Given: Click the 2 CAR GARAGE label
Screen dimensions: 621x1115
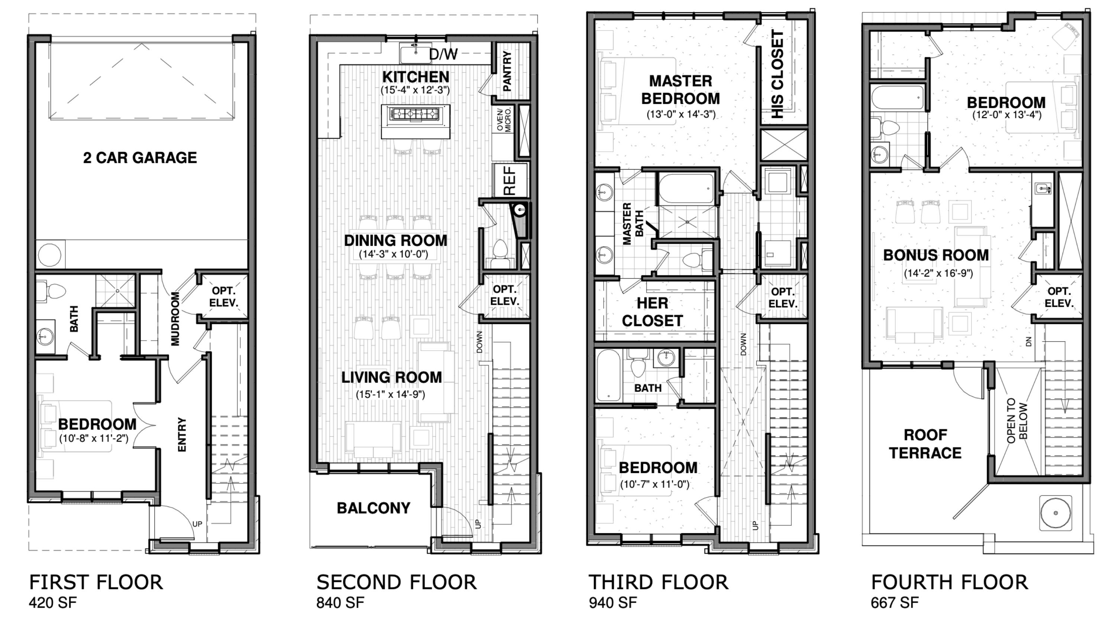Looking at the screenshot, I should [140, 158].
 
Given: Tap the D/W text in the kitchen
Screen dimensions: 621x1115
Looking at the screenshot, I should [443, 55].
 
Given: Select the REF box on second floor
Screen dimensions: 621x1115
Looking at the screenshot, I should [510, 180].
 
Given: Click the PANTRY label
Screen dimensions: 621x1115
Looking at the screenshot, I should [507, 71].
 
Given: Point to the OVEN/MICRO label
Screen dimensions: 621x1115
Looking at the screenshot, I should [504, 120].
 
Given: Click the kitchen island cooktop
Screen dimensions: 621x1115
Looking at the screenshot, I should [415, 114].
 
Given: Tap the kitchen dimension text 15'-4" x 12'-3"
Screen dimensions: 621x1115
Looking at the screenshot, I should [415, 90].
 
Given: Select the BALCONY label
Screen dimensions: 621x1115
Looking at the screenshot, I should [374, 508].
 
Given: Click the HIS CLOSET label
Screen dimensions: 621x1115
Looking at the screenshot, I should [778, 74].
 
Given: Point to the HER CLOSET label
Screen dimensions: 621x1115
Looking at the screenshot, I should [652, 312].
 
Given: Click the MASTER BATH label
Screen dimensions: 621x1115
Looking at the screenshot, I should [632, 223].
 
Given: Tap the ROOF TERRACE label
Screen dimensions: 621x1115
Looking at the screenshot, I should [925, 444].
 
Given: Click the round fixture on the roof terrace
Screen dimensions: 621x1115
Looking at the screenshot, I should [1055, 513].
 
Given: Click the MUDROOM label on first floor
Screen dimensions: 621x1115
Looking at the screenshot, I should [175, 319].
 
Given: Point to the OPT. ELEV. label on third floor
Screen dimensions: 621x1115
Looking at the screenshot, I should [783, 298].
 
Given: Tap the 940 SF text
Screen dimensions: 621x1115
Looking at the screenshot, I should [613, 602].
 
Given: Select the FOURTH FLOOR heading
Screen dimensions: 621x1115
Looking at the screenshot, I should [949, 582].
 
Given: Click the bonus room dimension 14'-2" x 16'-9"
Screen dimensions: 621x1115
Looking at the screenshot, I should [938, 274].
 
